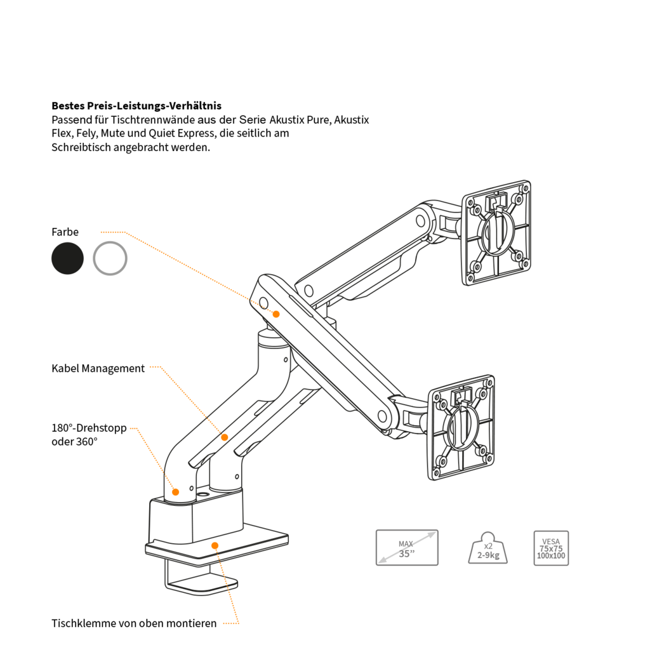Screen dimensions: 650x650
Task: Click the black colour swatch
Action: tap(67, 258)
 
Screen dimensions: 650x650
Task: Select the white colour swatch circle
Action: tap(110, 258)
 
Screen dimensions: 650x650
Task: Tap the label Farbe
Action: tap(65, 232)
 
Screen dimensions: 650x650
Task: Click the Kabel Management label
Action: tap(98, 368)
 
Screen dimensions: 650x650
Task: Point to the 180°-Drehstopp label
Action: tap(89, 428)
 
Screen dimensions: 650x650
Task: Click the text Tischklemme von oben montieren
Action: tap(134, 623)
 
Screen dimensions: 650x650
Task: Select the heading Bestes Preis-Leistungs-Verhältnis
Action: tap(136, 105)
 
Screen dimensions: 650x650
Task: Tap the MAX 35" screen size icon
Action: tap(407, 547)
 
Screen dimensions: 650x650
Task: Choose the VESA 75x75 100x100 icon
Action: tap(550, 548)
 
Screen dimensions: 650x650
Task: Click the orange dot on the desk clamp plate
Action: tap(215, 545)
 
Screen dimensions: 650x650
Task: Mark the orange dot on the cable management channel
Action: tap(224, 437)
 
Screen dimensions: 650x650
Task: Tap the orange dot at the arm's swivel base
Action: tap(176, 491)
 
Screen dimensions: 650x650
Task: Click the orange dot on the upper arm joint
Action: tap(276, 314)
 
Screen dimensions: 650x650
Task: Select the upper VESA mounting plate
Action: tap(496, 232)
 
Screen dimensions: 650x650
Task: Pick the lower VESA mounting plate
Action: tap(461, 427)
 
